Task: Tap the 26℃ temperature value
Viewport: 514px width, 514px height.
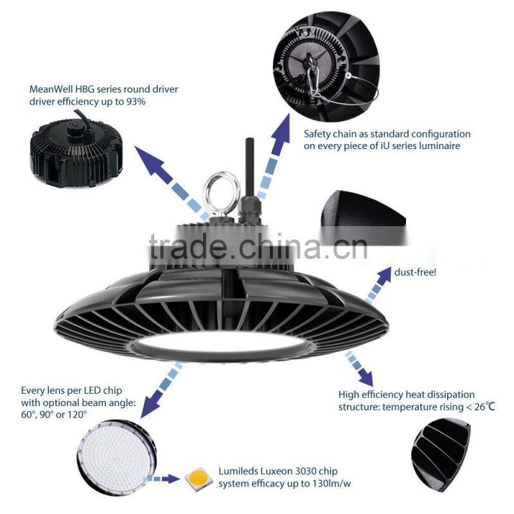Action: tap(481, 407)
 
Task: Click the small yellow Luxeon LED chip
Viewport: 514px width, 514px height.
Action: tap(197, 478)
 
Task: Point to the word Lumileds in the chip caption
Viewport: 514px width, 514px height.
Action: tap(239, 471)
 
